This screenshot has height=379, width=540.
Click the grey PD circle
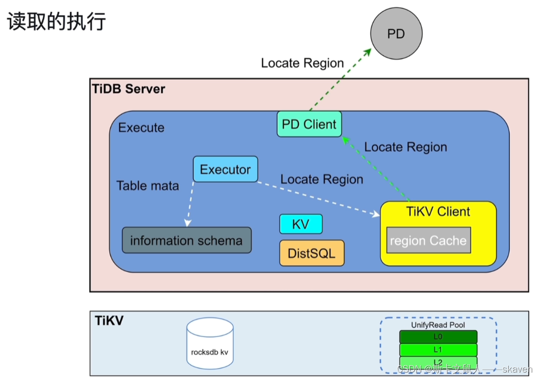[396, 34]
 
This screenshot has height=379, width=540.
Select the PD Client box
[309, 125]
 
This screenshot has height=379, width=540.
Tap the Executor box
[225, 169]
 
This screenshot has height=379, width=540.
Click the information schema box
[187, 241]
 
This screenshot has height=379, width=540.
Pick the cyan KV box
[301, 224]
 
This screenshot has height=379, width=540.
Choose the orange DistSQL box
[312, 253]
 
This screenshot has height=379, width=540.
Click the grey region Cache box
[428, 241]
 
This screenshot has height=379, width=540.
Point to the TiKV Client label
[438, 212]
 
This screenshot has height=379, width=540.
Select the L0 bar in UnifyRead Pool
[438, 337]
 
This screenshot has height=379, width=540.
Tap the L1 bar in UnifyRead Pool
[438, 350]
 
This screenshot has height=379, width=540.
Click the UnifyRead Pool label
[438, 325]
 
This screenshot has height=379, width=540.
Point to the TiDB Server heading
[129, 89]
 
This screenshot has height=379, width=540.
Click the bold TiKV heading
[109, 321]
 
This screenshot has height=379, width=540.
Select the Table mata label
[147, 186]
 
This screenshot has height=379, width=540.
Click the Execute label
[141, 128]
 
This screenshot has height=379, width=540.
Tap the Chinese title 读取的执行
[56, 22]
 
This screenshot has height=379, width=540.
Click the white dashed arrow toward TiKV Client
[318, 199]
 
